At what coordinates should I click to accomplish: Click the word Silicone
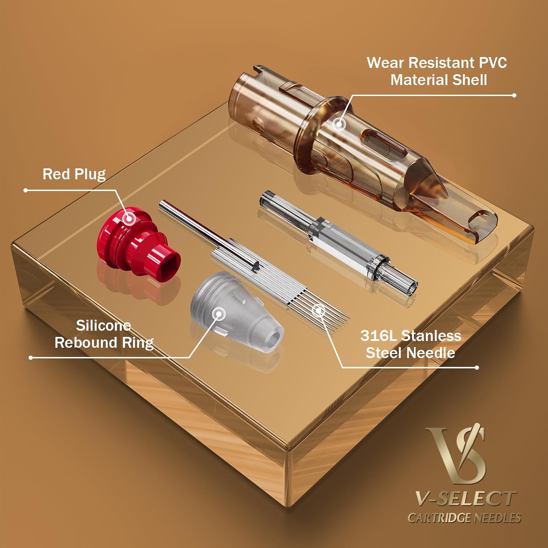(x=103, y=325)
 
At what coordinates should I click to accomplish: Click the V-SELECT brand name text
(x=465, y=499)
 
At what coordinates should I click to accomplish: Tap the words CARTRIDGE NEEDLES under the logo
(x=464, y=518)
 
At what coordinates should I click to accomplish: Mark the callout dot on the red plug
(x=129, y=218)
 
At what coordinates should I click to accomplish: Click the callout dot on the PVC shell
(x=339, y=124)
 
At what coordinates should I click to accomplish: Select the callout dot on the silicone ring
(x=219, y=313)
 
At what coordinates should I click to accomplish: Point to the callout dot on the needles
(x=319, y=311)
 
